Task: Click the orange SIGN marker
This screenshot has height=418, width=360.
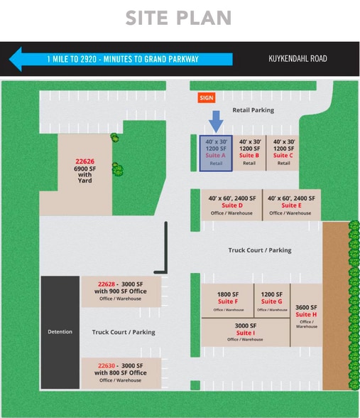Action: pos(207,98)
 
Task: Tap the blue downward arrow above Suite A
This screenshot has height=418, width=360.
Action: pos(216,122)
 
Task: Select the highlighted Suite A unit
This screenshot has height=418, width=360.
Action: pos(216,153)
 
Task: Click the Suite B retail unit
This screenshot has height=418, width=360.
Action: pos(249,153)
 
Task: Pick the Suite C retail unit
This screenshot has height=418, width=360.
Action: pos(283,153)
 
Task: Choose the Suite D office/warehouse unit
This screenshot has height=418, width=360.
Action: pos(231,205)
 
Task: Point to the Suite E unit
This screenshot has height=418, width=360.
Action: pos(292,205)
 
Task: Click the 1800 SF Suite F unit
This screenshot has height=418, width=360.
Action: pos(227,301)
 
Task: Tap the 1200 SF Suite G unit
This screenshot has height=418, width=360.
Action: pos(272,301)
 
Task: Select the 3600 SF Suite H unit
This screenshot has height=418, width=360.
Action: pos(306,315)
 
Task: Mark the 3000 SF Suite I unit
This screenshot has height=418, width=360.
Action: pos(245,333)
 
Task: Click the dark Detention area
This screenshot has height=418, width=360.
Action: pos(60,332)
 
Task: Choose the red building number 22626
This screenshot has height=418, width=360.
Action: pos(85,161)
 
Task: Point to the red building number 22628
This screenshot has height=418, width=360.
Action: pos(107,284)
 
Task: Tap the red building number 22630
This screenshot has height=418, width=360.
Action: pos(107,365)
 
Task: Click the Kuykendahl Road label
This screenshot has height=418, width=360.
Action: pos(298,58)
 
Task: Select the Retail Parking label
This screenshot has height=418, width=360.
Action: pos(253,110)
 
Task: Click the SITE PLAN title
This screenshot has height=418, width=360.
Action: pos(178,18)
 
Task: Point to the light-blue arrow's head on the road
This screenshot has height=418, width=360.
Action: pos(16,59)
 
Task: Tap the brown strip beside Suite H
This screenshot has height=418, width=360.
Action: pos(336,306)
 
